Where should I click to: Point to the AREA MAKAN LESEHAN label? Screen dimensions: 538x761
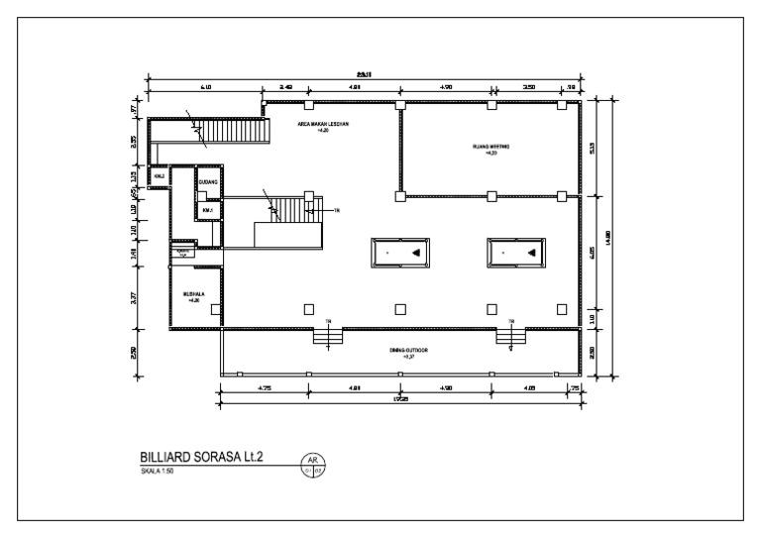(x=320, y=127)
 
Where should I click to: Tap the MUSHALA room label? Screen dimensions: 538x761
(x=193, y=296)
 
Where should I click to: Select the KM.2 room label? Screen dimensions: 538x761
(x=158, y=176)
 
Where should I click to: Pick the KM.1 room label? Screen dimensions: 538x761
(x=207, y=210)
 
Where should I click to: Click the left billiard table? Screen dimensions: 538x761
(x=399, y=253)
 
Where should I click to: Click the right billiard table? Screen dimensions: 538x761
(x=514, y=253)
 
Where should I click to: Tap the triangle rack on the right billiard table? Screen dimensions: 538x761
(x=531, y=254)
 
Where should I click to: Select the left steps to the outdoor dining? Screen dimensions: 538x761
(x=327, y=339)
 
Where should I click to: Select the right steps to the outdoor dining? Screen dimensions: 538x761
(x=510, y=339)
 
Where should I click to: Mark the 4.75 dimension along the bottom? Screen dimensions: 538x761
(x=265, y=389)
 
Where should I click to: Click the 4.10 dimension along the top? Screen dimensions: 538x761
(x=205, y=88)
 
